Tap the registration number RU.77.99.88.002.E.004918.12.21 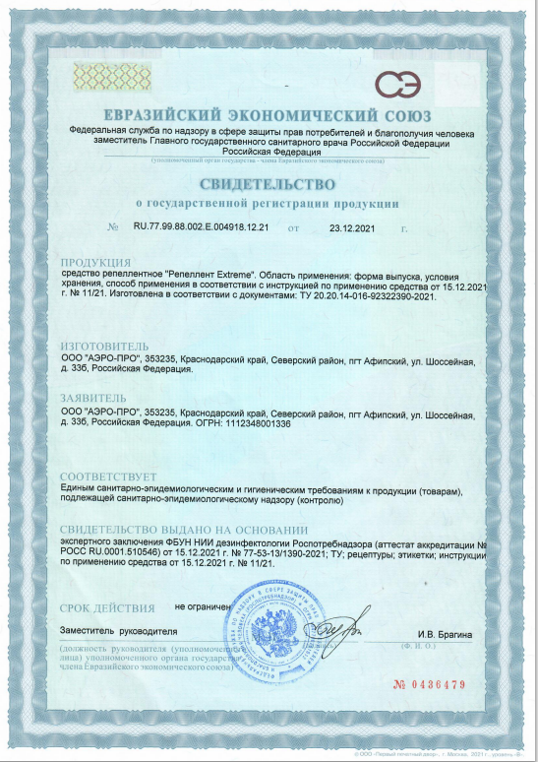pos(201,227)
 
